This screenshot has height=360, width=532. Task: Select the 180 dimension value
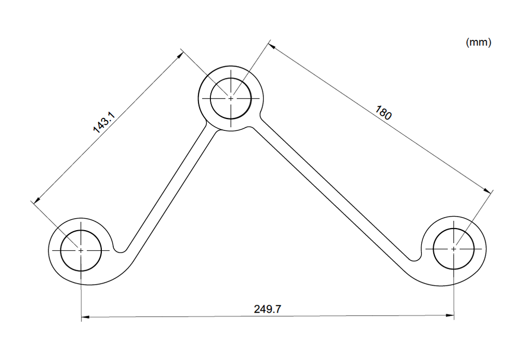[x=383, y=112]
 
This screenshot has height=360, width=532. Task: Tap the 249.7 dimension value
[x=268, y=309]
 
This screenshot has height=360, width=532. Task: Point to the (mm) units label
[x=478, y=43]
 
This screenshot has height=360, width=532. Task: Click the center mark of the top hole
[x=231, y=98]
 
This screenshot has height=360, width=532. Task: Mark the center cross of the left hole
[x=81, y=250]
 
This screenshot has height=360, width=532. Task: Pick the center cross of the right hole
[x=454, y=249]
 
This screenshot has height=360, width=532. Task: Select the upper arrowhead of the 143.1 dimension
[x=179, y=54]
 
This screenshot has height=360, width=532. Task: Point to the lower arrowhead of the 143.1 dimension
[x=35, y=200]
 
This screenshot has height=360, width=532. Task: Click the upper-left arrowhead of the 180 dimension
[x=271, y=46]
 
